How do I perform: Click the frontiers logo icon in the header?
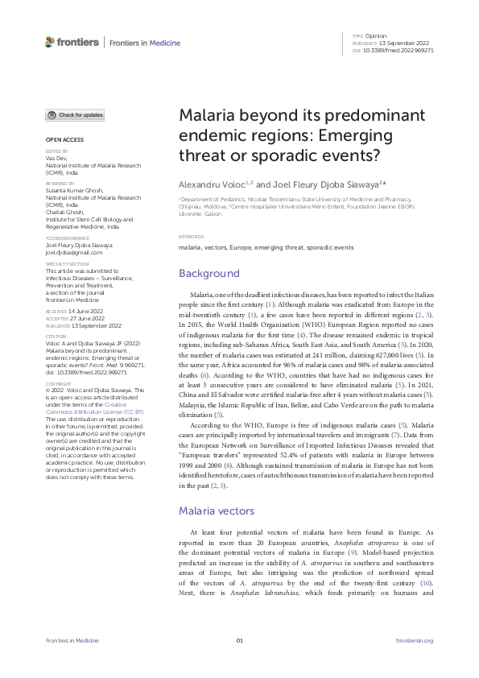tap(51, 42)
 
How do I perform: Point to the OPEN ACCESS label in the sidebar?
tap(60, 140)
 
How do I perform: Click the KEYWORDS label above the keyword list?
tap(191, 237)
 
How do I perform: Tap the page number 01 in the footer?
tap(239, 640)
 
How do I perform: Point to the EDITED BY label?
tap(57, 151)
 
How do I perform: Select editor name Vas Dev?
tap(56, 158)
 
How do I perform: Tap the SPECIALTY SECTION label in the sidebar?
tap(67, 264)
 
